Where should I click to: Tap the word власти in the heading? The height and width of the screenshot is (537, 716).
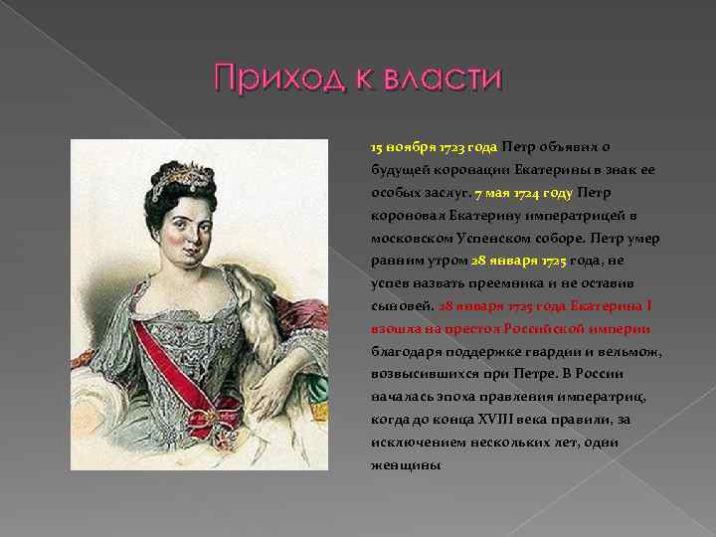tap(443, 78)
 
